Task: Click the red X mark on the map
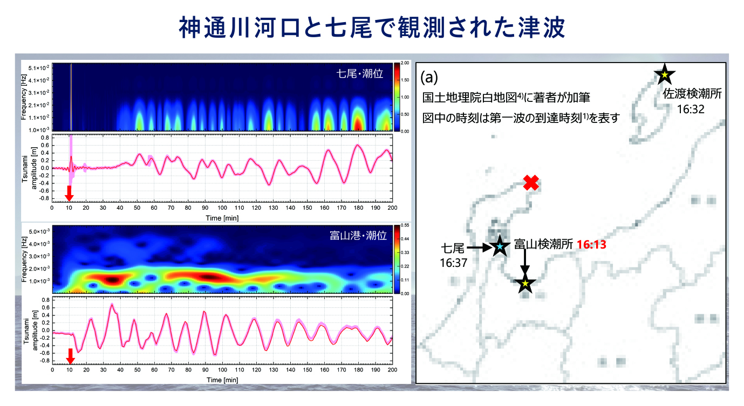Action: click(x=531, y=183)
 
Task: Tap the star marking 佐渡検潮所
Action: click(x=665, y=74)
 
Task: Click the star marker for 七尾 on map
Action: click(x=500, y=246)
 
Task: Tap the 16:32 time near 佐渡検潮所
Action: click(x=691, y=108)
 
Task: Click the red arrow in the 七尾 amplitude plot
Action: click(x=69, y=192)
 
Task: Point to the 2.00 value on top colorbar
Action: click(x=405, y=63)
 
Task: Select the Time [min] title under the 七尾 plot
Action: click(x=222, y=218)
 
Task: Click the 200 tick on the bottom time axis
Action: click(x=392, y=370)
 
